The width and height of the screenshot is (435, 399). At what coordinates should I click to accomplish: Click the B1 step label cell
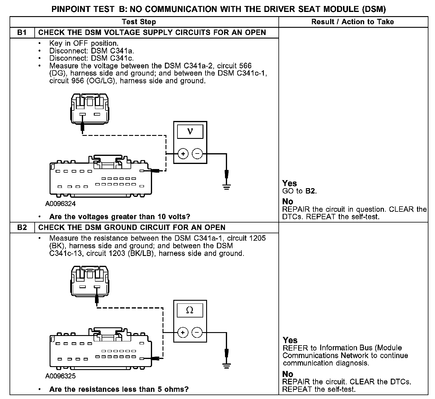point(22,33)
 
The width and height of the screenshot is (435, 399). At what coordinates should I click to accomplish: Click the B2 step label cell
point(22,228)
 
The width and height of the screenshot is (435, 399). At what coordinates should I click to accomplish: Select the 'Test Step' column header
point(139,22)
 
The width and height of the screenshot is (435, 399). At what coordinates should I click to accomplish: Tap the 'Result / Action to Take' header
point(353,22)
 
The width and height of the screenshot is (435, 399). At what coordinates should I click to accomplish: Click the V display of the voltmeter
point(190,131)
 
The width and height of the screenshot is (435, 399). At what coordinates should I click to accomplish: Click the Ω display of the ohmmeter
point(190,310)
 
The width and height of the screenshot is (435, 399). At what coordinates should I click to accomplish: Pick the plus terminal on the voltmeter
point(183,154)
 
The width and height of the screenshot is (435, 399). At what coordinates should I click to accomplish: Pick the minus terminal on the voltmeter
point(197,154)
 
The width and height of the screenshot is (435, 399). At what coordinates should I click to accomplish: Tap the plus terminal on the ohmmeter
point(183,332)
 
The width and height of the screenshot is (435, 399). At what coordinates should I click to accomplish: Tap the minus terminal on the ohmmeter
point(197,332)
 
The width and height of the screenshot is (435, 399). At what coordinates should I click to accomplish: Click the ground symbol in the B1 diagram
point(226,188)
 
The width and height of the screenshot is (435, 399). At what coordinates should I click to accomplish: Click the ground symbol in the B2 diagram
point(226,365)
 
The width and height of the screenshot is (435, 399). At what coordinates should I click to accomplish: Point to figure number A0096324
point(60,204)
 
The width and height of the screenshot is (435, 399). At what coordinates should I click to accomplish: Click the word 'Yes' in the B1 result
point(290,183)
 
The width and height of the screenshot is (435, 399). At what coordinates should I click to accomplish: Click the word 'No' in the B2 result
point(288,374)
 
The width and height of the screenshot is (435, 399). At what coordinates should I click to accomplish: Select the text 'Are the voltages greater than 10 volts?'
point(120,217)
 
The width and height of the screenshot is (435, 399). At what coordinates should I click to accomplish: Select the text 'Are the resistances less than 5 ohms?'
point(119,389)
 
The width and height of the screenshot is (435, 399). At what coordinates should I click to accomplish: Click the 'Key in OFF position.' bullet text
point(84,43)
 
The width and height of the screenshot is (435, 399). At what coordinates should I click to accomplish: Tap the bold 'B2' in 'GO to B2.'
point(310,191)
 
